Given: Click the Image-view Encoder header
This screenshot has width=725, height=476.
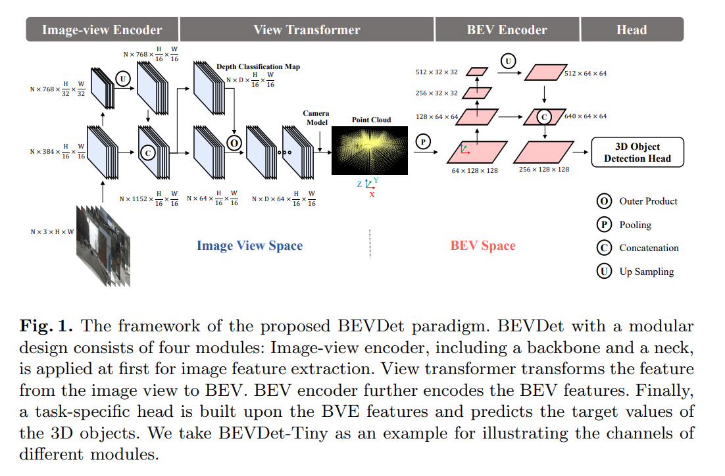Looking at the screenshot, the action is (x=102, y=30).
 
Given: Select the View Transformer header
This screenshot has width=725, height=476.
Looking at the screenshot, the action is (x=307, y=30).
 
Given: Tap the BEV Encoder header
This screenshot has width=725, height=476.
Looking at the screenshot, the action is (x=507, y=30).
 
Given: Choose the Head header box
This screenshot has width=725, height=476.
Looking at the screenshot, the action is (x=632, y=30).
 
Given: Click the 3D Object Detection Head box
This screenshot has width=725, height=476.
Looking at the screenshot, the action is (x=637, y=152).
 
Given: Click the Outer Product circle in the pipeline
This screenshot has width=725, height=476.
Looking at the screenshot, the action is (x=233, y=142).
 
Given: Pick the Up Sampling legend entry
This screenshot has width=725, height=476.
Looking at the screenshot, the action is (x=637, y=271).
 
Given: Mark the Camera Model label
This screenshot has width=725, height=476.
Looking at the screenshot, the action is (x=316, y=118).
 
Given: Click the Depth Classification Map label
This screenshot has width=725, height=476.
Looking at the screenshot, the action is (x=257, y=67).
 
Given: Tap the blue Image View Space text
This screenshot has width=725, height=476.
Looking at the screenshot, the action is (x=249, y=246).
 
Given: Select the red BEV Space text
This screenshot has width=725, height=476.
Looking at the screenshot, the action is (x=483, y=246).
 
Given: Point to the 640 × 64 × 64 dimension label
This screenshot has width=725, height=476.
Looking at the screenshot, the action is (x=586, y=116).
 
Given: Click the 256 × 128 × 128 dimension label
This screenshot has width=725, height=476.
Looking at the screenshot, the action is (x=543, y=170).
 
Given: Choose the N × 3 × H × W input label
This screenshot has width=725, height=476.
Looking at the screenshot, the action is (x=52, y=232).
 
